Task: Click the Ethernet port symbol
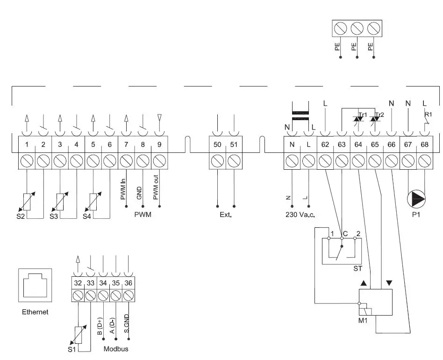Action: coord(35,285)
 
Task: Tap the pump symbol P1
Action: coord(416,200)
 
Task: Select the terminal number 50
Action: coord(217,145)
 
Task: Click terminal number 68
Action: coord(424,145)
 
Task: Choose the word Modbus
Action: coord(116,349)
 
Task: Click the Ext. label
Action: coord(226,216)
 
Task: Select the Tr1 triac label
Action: coord(362,115)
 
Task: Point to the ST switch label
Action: coord(357,270)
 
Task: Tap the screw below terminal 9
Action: coord(159,162)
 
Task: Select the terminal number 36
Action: coord(129,282)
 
